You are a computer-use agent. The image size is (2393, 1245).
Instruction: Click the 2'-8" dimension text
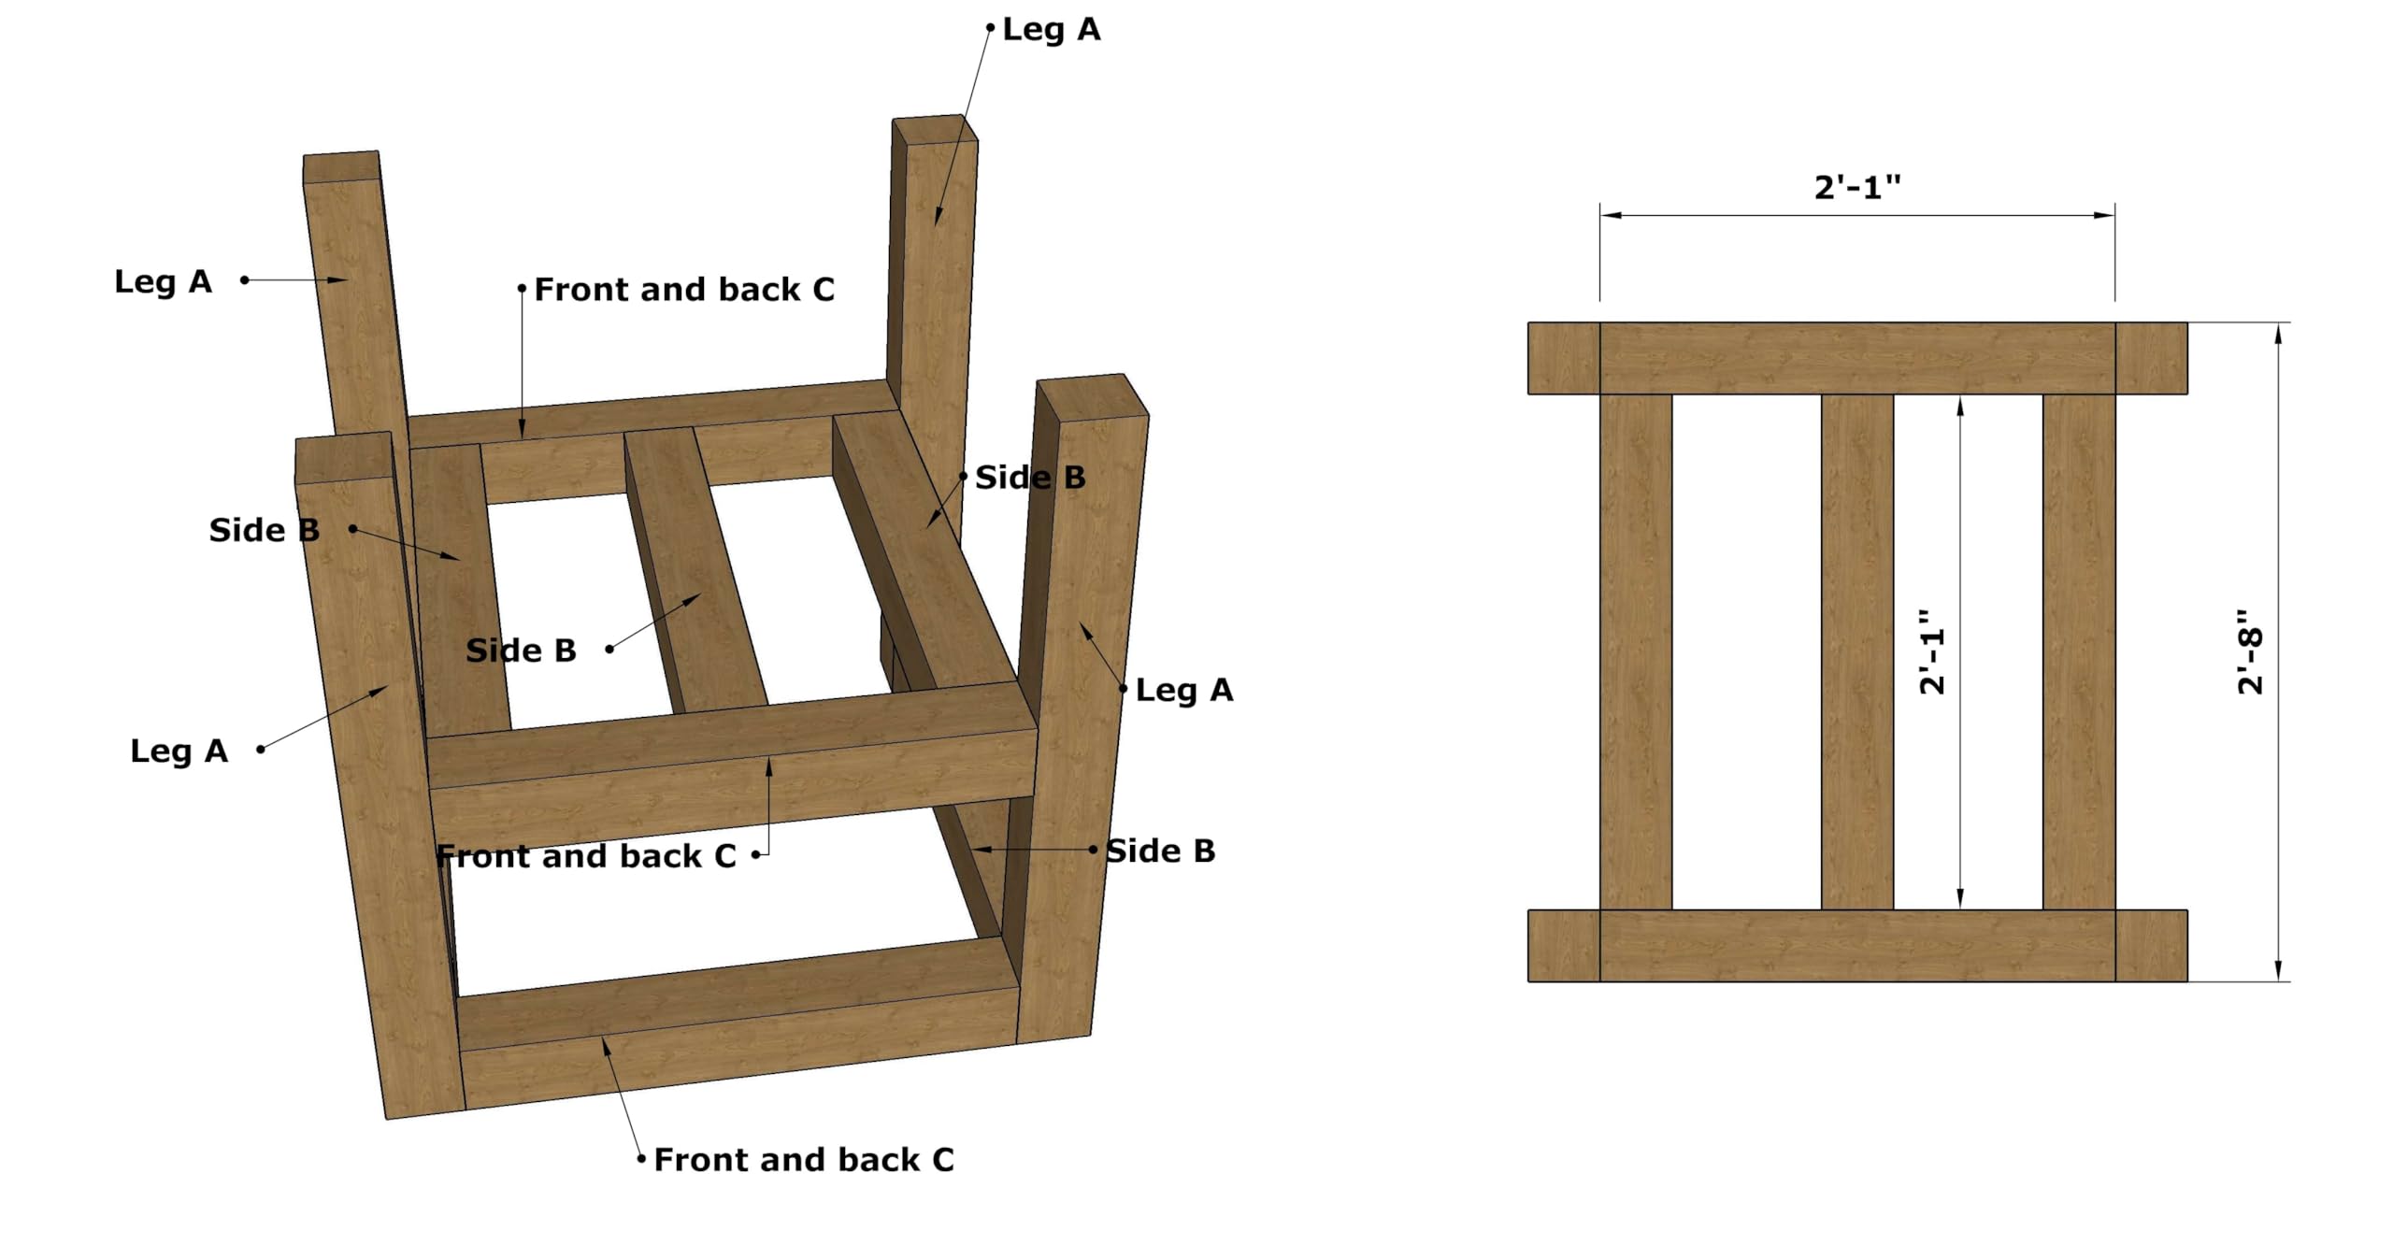[x=2250, y=651]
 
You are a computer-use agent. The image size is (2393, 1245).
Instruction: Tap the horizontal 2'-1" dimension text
[x=1856, y=188]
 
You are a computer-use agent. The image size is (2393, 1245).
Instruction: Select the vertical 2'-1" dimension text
[x=1931, y=651]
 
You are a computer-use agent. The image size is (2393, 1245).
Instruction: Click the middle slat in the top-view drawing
[x=1856, y=651]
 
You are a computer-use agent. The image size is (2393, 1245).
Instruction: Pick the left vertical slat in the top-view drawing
[x=1636, y=651]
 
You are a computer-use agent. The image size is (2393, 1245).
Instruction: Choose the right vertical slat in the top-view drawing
[x=2079, y=651]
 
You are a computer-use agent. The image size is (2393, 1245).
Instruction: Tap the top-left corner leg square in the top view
[x=1564, y=358]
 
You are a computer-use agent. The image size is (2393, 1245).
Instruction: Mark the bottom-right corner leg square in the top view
[x=2151, y=945]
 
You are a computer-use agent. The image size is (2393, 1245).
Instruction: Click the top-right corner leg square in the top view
[x=2151, y=358]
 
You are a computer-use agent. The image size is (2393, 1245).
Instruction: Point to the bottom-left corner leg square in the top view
[x=1564, y=945]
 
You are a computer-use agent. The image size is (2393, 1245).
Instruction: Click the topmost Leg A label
[x=1052, y=30]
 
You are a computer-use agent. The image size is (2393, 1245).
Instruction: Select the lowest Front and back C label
[x=804, y=1160]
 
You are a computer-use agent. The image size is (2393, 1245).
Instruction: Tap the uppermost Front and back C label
[x=684, y=290]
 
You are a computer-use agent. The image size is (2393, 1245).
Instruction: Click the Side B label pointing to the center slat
[x=521, y=651]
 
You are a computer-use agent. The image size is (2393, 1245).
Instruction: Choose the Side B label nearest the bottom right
[x=1160, y=851]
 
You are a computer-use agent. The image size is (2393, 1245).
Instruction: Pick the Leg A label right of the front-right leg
[x=1184, y=691]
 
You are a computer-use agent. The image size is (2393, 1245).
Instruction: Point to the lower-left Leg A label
[x=179, y=751]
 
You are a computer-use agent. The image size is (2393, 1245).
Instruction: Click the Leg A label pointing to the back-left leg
[x=163, y=281]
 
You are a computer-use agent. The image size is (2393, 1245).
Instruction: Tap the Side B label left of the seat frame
[x=264, y=530]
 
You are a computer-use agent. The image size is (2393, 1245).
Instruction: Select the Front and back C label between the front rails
[x=586, y=856]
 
